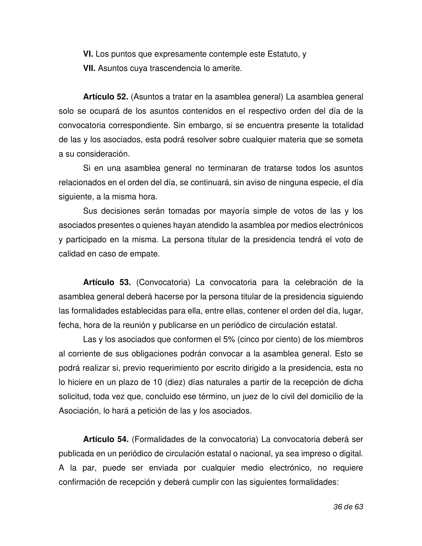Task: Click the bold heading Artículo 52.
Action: tap(105, 97)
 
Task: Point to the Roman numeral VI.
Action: tap(88, 54)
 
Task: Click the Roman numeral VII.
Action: tap(89, 68)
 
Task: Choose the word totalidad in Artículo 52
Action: tap(347, 126)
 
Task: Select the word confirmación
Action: tap(81, 482)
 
